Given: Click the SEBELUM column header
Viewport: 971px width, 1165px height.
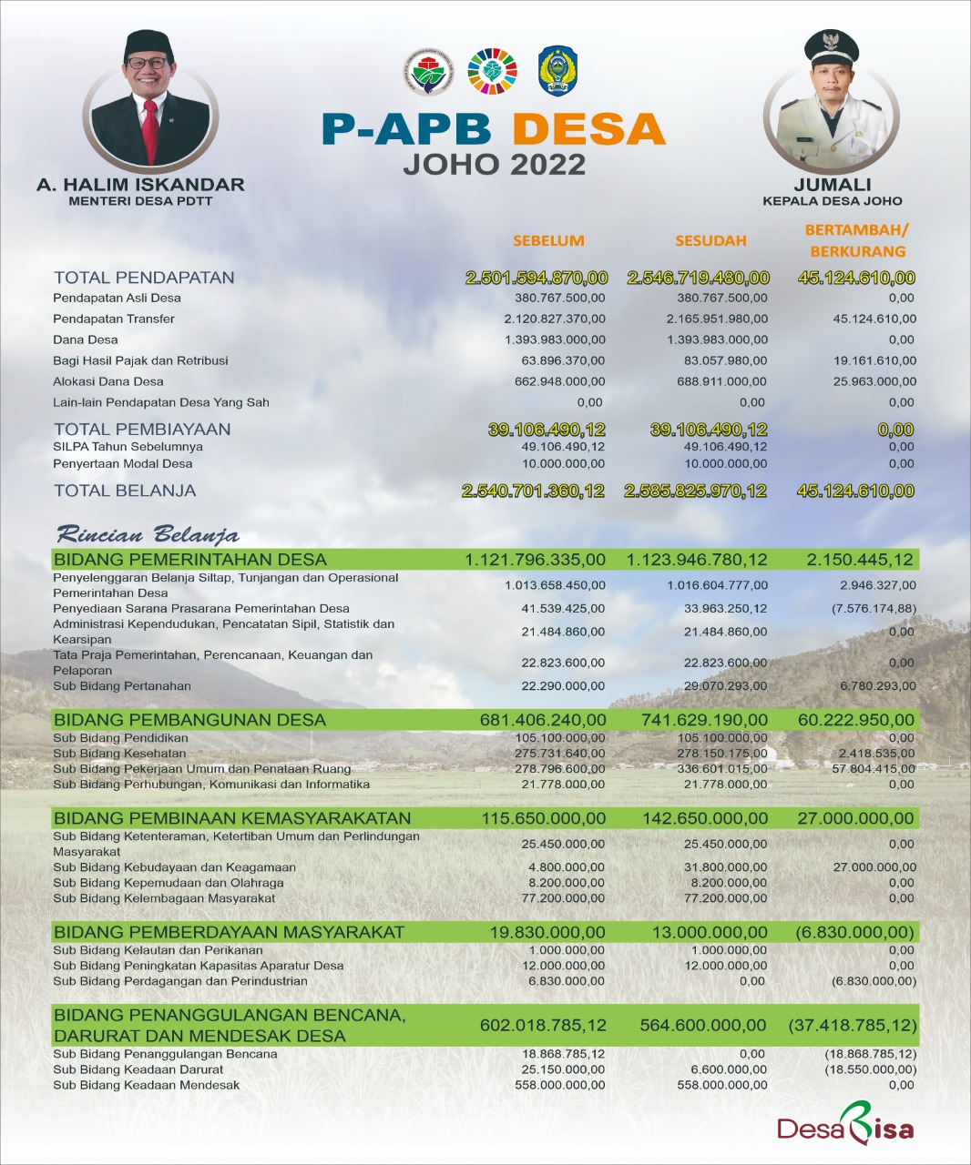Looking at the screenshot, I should pos(548,241).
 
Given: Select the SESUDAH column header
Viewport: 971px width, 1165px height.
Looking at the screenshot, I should pos(710,241).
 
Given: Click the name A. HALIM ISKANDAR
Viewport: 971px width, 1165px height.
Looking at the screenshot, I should pos(140,185).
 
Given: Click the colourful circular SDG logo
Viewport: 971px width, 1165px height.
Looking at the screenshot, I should pos(492,72).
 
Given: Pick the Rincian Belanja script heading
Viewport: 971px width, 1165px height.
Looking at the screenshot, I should pos(148,534).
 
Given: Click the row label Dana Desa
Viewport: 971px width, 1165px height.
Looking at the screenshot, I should pos(86,339).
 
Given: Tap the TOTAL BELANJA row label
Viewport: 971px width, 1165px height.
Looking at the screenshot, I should pos(125,491).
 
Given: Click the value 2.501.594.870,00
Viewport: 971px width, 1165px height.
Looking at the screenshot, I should pos(537,278).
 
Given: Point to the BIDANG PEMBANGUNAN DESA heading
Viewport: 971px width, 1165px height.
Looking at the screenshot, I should pos(189,720).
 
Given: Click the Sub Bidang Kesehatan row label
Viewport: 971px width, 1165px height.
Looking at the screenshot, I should pos(119,753).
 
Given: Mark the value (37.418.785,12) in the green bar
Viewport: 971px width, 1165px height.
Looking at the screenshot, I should pos(853,1026).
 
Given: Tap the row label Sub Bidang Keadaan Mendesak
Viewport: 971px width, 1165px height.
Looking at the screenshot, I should pos(146,1085).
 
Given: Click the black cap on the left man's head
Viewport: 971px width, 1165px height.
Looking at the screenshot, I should pos(148,44).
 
